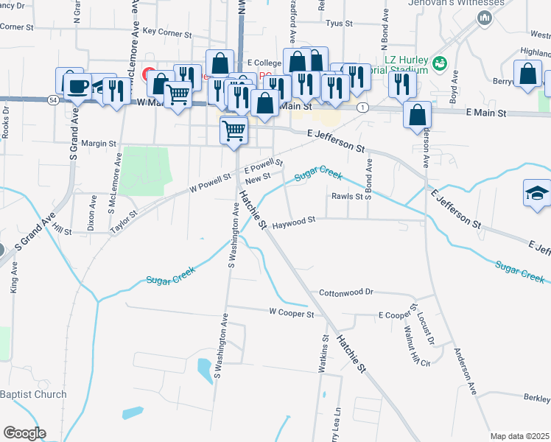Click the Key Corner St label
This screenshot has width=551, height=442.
pyautogui.click(x=167, y=32)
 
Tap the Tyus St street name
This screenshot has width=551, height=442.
pyautogui.click(x=340, y=24)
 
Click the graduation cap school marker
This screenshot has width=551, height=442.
pyautogui.click(x=537, y=194)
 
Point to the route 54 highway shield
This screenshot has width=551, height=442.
pyautogui.click(x=53, y=99)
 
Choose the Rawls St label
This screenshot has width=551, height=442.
pyautogui.click(x=347, y=196)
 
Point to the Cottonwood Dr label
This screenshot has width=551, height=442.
pyautogui.click(x=346, y=292)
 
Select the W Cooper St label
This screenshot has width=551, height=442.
pyautogui.click(x=292, y=313)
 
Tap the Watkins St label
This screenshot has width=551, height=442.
pyautogui.click(x=324, y=354)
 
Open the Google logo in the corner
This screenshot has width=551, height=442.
pyautogui.click(x=24, y=432)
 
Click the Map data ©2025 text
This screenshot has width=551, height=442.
pyautogui.click(x=519, y=436)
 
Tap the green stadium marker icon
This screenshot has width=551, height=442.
pyautogui.click(x=440, y=64)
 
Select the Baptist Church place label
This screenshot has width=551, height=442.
pyautogui.click(x=33, y=394)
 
